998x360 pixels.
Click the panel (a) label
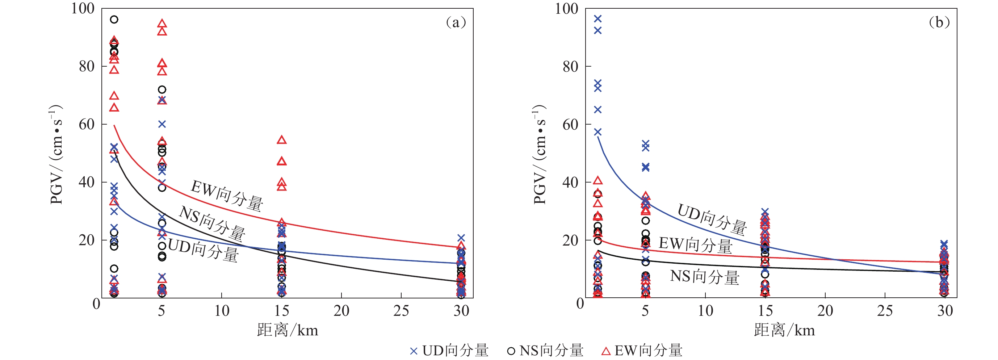pos(456,22)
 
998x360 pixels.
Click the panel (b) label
pos(939,22)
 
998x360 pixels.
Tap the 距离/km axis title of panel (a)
pos(288,331)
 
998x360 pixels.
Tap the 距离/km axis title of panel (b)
pos(784,331)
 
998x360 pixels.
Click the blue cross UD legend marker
pos(414,351)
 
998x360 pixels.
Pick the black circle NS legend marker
pos(511,351)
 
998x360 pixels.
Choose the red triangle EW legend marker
pos(605,351)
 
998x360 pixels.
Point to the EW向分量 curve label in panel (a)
pos(227,196)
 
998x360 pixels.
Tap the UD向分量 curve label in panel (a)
pos(204,250)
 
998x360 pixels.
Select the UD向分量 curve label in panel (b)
pos(712,219)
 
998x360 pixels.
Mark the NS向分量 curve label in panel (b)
pos(705,277)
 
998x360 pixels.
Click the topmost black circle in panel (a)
pos(114,19)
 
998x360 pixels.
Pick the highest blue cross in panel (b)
pos(598,18)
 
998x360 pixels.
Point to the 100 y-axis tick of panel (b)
pos(566,9)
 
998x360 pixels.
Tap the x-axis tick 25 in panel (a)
pos(401,311)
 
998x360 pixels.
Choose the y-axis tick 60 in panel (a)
pos(87,124)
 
